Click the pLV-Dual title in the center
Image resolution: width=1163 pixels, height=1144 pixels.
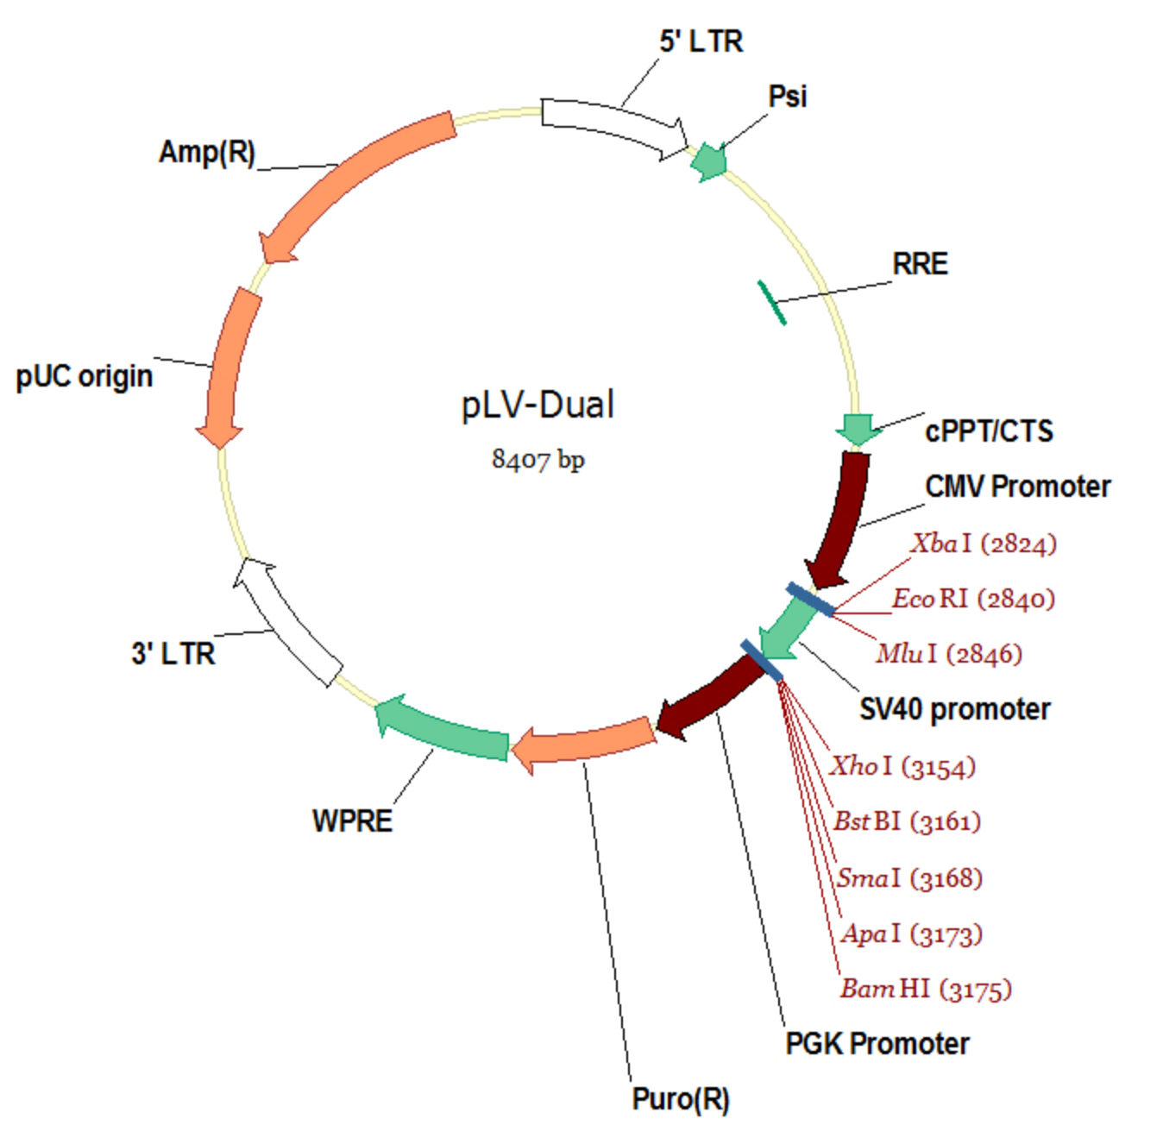(537, 405)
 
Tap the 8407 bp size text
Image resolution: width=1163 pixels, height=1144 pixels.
(537, 458)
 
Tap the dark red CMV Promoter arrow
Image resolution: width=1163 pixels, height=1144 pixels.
(841, 518)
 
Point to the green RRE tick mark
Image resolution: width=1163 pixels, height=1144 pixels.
(771, 303)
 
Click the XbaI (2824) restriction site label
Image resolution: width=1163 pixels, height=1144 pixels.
(984, 544)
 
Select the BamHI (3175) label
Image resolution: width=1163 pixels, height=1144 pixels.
(925, 989)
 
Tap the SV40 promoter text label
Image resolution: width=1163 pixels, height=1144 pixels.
(954, 709)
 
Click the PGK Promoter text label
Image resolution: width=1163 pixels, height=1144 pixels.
(877, 1044)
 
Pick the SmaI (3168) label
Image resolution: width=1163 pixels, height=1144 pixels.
(909, 878)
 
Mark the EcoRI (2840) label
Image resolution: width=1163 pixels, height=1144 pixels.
(973, 599)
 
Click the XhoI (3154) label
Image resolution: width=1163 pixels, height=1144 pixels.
(902, 766)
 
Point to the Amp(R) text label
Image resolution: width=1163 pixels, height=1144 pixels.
(207, 152)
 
